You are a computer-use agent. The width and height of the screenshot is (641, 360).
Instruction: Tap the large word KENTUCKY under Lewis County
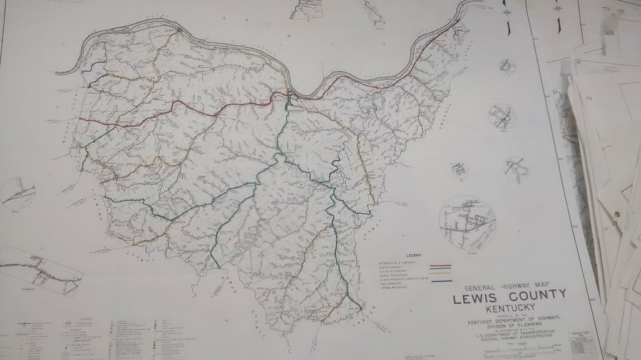click(x=511, y=307)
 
